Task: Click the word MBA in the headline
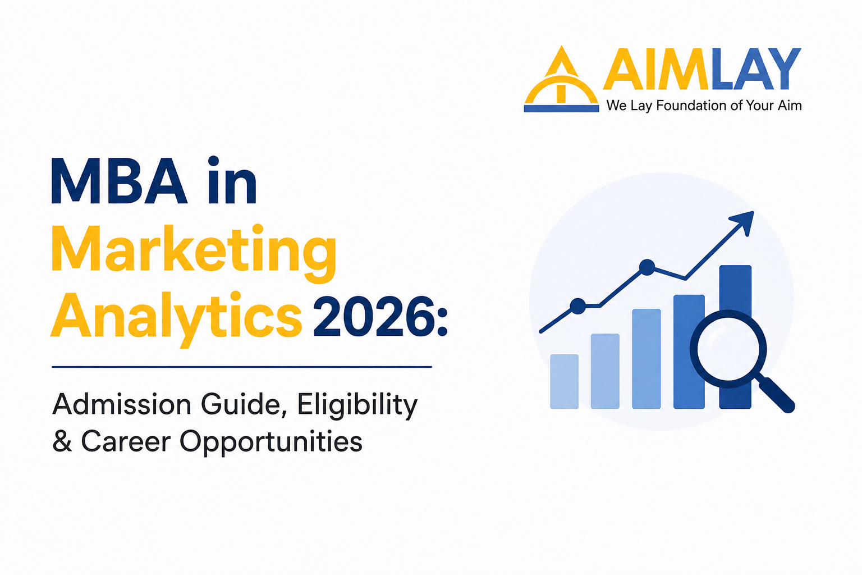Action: (119, 181)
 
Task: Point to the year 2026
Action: (380, 316)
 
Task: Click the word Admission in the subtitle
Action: (122, 404)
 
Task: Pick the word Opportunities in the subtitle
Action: (271, 442)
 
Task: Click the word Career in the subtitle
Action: (126, 441)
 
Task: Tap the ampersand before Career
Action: (62, 441)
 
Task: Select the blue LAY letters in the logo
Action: (756, 69)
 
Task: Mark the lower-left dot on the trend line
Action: (577, 306)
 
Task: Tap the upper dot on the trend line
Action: (647, 267)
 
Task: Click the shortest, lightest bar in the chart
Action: (564, 381)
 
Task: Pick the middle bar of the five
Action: (646, 359)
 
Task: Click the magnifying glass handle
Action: (776, 395)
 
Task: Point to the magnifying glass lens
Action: (728, 349)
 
